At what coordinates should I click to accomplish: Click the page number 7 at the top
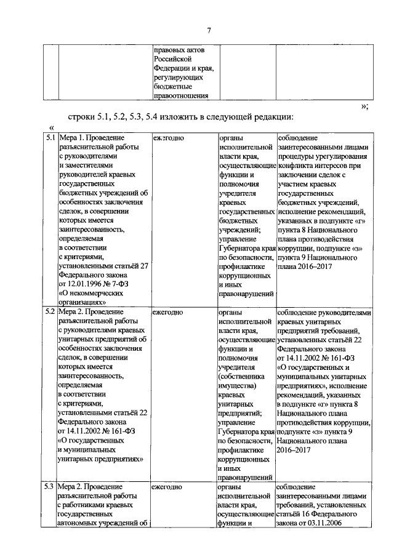(209, 31)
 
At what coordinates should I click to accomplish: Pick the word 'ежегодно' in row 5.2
(168, 312)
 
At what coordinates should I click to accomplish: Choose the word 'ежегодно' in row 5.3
(168, 486)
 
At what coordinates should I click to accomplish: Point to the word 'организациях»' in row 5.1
(82, 302)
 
